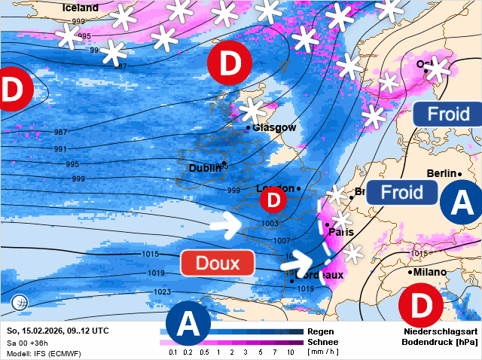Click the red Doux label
(x=218, y=263)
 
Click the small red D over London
(x=273, y=200)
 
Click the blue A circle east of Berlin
(x=460, y=201)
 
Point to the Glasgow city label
(x=274, y=127)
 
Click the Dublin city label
(x=206, y=168)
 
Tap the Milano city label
(x=429, y=272)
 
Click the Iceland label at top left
(x=80, y=8)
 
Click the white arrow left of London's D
(x=230, y=224)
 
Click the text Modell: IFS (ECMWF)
(x=45, y=352)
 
